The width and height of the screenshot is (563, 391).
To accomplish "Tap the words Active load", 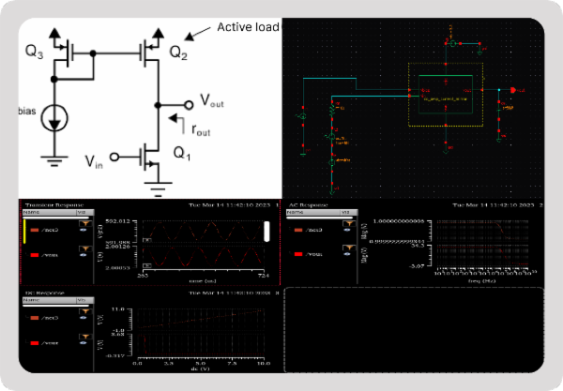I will [x=248, y=27].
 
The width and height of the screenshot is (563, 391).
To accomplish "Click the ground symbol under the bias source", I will [x=53, y=158].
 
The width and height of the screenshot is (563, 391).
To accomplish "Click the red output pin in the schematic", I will [x=511, y=91].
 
